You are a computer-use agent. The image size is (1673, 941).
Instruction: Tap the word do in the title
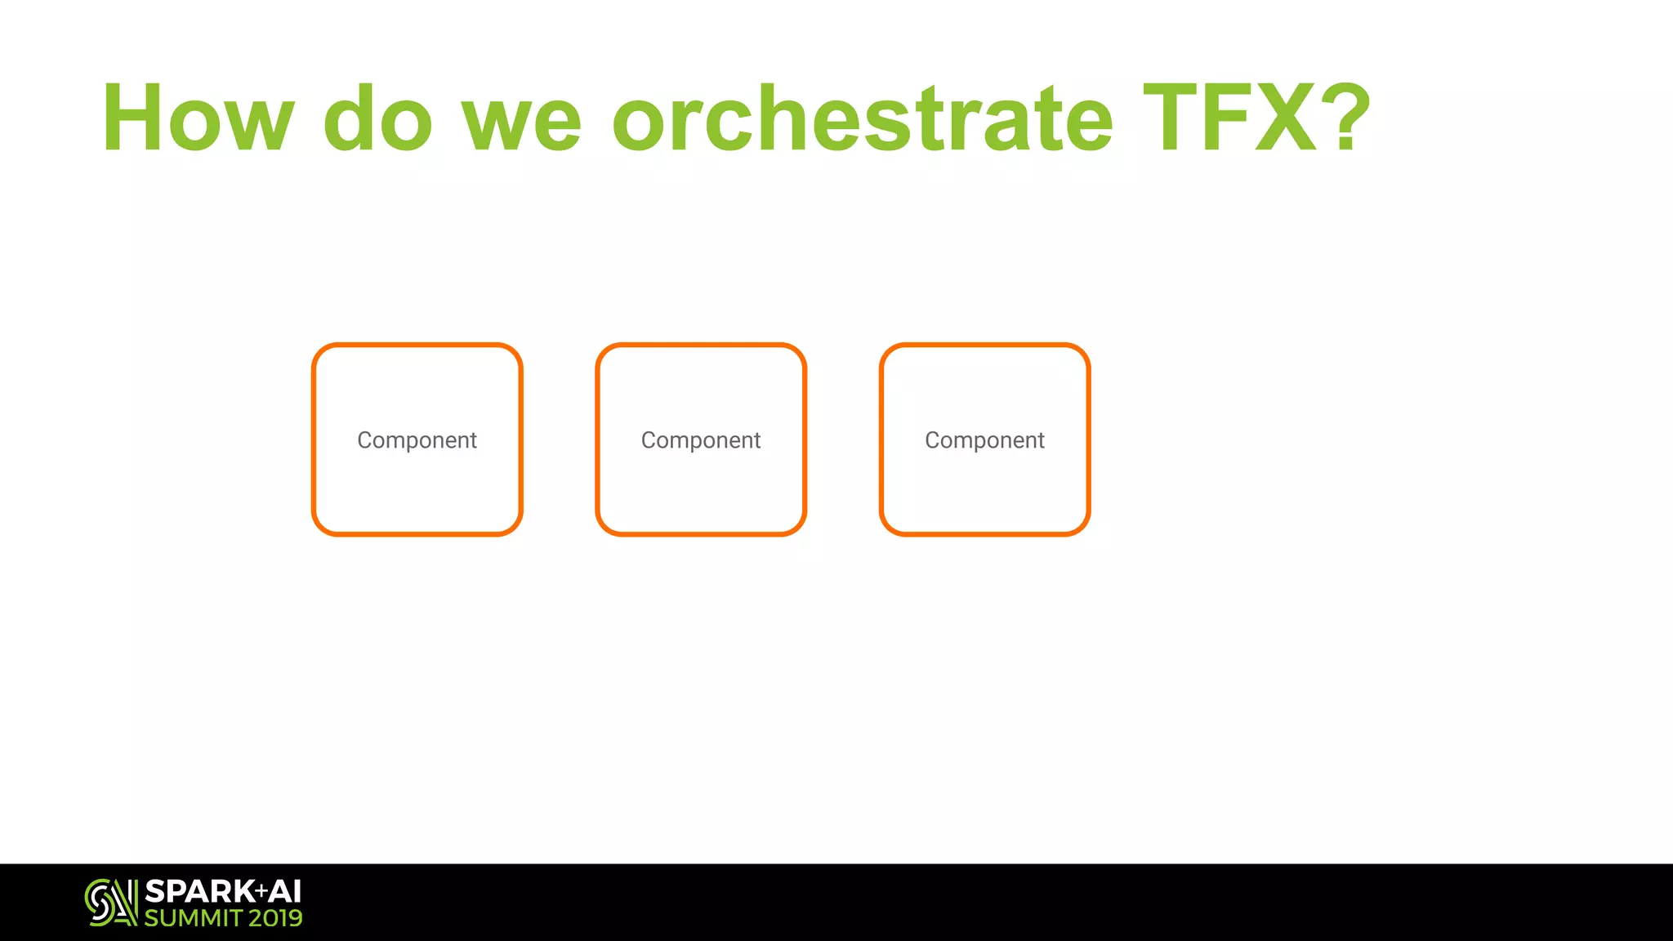377,118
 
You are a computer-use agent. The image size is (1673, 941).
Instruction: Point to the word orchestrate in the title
863,118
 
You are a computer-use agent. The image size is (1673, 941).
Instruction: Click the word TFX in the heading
1229,118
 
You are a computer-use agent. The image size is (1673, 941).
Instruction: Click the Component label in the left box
417,440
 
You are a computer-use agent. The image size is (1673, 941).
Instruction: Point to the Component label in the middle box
701,440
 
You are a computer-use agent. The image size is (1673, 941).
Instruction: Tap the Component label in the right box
984,440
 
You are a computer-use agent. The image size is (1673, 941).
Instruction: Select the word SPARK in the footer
199,891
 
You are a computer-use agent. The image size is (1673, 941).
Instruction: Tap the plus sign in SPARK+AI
261,890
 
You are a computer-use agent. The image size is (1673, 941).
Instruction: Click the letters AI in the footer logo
285,891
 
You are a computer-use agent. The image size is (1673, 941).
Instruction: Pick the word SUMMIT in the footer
194,918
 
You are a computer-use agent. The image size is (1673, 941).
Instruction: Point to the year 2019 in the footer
275,918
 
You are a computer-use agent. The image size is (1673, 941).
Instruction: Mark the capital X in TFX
1285,118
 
